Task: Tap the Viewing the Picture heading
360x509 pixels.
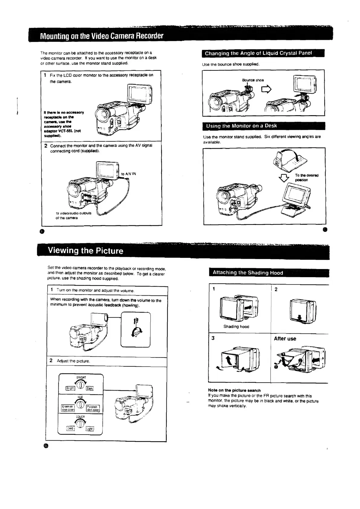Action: coord(85,251)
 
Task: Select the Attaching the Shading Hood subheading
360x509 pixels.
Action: coord(248,273)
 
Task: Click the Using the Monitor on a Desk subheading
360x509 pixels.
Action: coord(241,126)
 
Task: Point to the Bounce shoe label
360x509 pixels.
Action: coord(253,80)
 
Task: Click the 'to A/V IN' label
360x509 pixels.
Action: coord(129,174)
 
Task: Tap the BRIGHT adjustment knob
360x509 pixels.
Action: coord(80,385)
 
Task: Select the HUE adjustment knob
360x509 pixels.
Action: coord(80,405)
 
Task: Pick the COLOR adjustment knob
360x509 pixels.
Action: coord(80,424)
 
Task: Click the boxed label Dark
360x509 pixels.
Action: coord(90,388)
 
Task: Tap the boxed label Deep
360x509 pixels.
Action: coord(70,428)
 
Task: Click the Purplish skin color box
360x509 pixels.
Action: coord(93,408)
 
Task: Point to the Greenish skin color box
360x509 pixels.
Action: coord(68,408)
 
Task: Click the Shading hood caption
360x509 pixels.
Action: coord(236,326)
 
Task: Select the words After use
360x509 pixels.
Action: coord(285,339)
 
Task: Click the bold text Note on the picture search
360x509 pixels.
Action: coord(234,390)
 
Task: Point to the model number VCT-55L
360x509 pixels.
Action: coord(64,131)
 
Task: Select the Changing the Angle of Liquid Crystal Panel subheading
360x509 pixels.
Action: coord(258,53)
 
